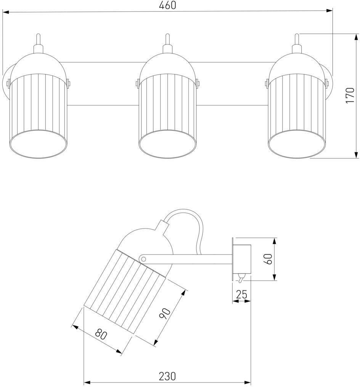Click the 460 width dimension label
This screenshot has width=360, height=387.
[168, 6]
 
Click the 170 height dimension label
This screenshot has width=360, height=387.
[350, 95]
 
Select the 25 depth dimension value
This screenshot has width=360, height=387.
[242, 294]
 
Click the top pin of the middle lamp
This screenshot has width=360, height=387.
[167, 40]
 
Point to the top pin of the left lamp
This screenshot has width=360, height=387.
[38, 40]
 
